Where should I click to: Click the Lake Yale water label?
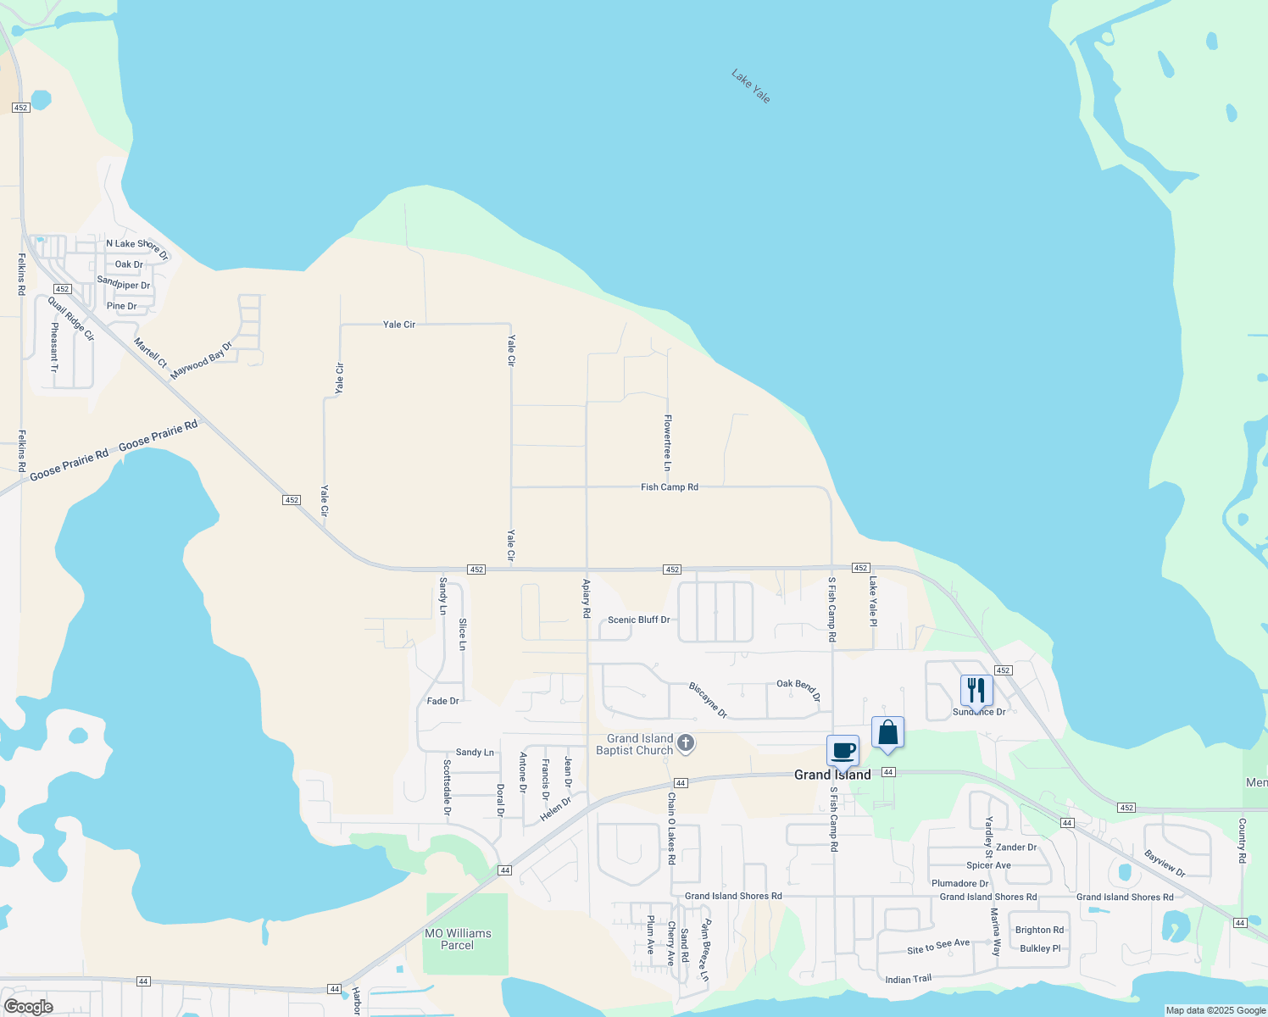(751, 86)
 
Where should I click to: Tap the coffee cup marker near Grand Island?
(843, 751)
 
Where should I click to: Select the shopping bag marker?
(887, 733)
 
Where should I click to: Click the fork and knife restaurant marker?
(976, 691)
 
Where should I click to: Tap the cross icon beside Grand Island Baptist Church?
(687, 744)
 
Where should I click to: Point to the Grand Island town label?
(832, 775)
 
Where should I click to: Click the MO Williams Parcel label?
(458, 939)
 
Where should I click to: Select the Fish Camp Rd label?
(670, 487)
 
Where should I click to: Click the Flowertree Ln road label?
(668, 442)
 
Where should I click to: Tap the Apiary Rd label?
(587, 597)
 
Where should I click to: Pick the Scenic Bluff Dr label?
(639, 620)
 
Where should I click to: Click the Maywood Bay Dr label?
(201, 361)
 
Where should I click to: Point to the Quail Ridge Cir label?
(71, 319)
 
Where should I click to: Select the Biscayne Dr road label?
(708, 700)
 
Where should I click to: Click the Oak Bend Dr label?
(798, 689)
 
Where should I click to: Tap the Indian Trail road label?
(909, 979)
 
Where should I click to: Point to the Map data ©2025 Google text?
(1215, 1010)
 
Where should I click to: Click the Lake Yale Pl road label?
(873, 601)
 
